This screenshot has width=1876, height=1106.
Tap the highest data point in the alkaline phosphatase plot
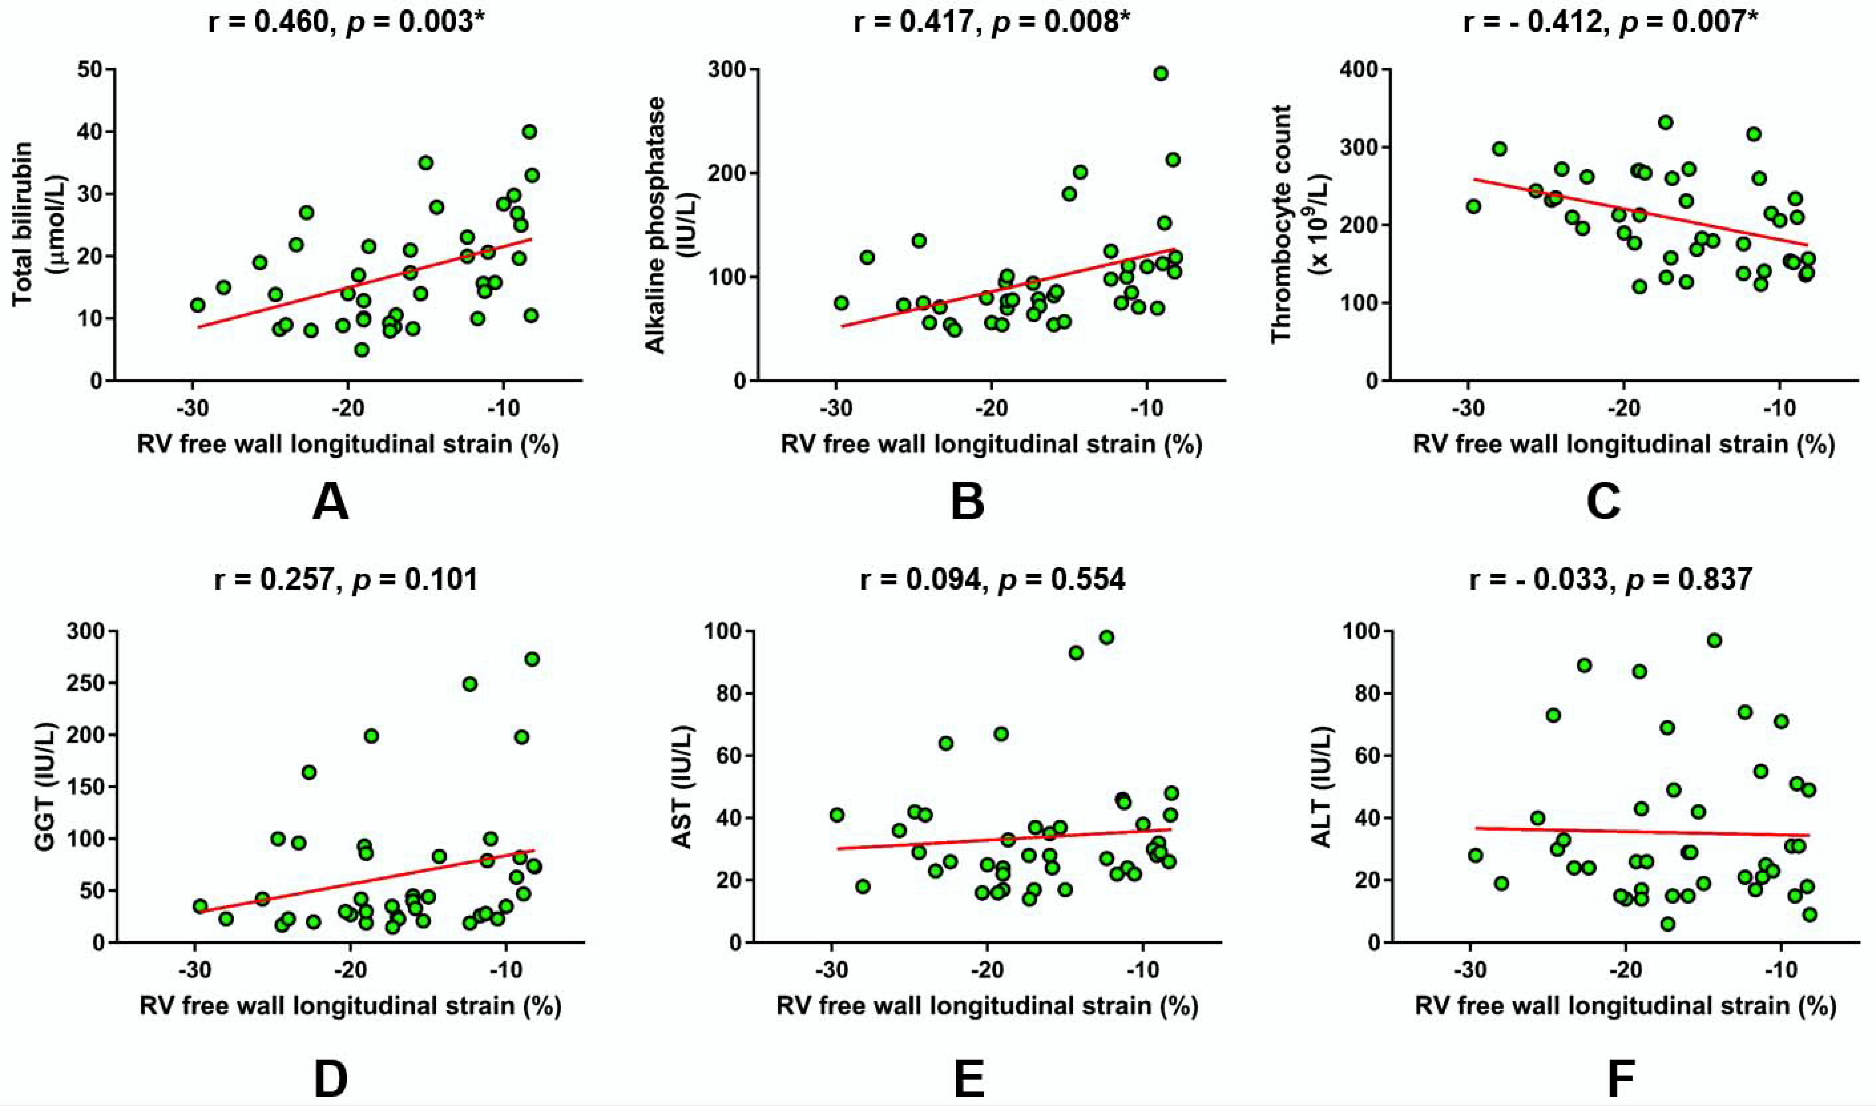pyautogui.click(x=1161, y=73)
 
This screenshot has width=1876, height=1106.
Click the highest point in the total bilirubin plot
pyautogui.click(x=529, y=132)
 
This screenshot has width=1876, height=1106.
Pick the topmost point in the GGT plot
pyautogui.click(x=532, y=659)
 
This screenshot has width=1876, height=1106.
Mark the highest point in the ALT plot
pyautogui.click(x=1714, y=640)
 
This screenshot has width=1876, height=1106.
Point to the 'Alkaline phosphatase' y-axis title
pyautogui.click(x=654, y=224)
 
